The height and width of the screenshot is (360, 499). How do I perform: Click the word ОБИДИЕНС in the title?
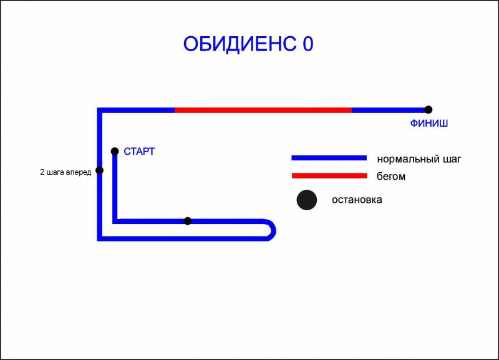tap(240, 44)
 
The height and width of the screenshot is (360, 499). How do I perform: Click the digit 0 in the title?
tap(308, 44)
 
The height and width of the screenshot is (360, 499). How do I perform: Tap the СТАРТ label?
tap(139, 152)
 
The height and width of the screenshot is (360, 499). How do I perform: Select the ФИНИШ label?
tap(429, 123)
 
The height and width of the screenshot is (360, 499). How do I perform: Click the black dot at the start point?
tap(115, 151)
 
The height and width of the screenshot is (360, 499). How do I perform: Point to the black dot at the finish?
tap(429, 109)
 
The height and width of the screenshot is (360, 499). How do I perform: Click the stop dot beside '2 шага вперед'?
tap(100, 170)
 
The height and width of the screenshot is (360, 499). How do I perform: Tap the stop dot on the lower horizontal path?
tap(188, 221)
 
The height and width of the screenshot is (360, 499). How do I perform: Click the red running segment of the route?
tap(263, 110)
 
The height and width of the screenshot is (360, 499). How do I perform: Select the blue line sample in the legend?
tap(329, 158)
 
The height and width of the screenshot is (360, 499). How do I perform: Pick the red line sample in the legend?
tap(329, 176)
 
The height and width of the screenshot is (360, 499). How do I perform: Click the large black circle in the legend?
tap(307, 200)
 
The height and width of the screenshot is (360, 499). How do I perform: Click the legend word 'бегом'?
tap(391, 176)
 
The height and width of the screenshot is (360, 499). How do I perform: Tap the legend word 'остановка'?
tap(357, 200)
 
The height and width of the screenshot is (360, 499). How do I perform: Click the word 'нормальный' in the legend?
tap(404, 159)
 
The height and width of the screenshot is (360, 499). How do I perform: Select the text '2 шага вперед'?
tap(65, 172)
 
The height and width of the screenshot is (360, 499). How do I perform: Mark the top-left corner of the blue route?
tap(99, 110)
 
